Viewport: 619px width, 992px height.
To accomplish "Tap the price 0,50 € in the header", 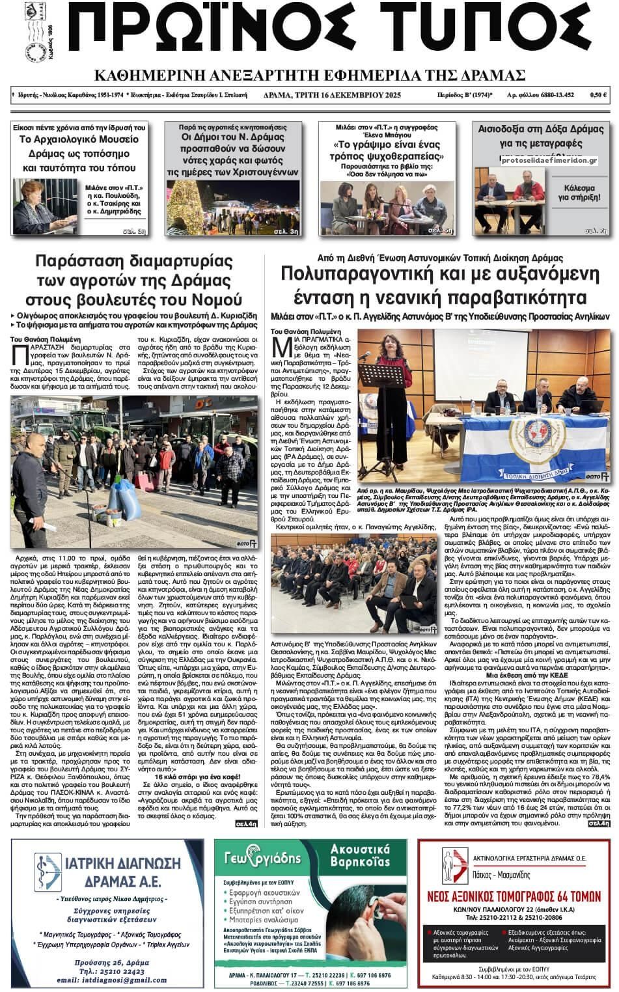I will tap(598, 96).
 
